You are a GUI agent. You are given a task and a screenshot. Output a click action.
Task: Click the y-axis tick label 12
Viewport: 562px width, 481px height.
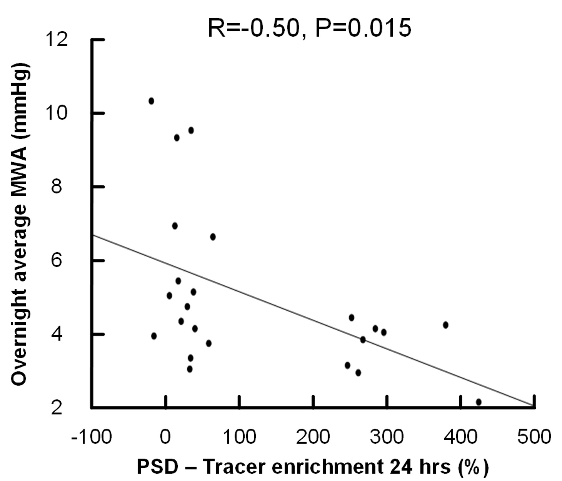pyautogui.click(x=56, y=40)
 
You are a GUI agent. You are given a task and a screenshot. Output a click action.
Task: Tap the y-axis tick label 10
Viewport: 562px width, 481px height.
pyautogui.click(x=56, y=113)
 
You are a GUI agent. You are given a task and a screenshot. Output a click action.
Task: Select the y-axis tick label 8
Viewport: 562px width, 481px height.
pyautogui.click(x=56, y=186)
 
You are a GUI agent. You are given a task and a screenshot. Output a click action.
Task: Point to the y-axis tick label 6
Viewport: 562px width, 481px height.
pyautogui.click(x=56, y=260)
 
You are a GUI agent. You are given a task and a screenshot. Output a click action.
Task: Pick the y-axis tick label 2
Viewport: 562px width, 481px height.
pyautogui.click(x=56, y=408)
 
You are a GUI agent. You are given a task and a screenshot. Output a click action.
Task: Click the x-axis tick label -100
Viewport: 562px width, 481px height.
pyautogui.click(x=91, y=437)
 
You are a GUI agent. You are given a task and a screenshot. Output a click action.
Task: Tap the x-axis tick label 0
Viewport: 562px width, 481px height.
pyautogui.click(x=166, y=437)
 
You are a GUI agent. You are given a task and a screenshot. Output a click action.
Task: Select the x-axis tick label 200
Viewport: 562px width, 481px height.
pyautogui.click(x=313, y=437)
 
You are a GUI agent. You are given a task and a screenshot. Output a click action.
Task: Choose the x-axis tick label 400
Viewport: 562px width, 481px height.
pyautogui.click(x=460, y=437)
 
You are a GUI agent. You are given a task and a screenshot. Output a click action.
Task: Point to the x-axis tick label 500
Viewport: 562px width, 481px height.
pyautogui.click(x=534, y=437)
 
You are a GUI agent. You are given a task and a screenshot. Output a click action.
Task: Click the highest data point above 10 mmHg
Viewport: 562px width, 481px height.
pyautogui.click(x=151, y=101)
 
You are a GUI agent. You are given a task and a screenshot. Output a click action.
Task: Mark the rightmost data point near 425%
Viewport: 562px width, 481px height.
pyautogui.click(x=478, y=402)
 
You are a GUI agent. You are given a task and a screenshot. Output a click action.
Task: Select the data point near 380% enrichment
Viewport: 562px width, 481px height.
pyautogui.click(x=445, y=325)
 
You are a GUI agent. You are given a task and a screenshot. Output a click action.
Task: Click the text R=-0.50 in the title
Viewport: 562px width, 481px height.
pyautogui.click(x=254, y=28)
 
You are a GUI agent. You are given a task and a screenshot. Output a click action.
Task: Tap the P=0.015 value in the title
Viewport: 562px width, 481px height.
pyautogui.click(x=363, y=28)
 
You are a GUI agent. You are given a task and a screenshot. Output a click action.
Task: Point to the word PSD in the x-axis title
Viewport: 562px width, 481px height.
pyautogui.click(x=157, y=467)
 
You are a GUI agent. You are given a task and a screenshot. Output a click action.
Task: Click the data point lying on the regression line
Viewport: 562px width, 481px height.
pyautogui.click(x=363, y=340)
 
